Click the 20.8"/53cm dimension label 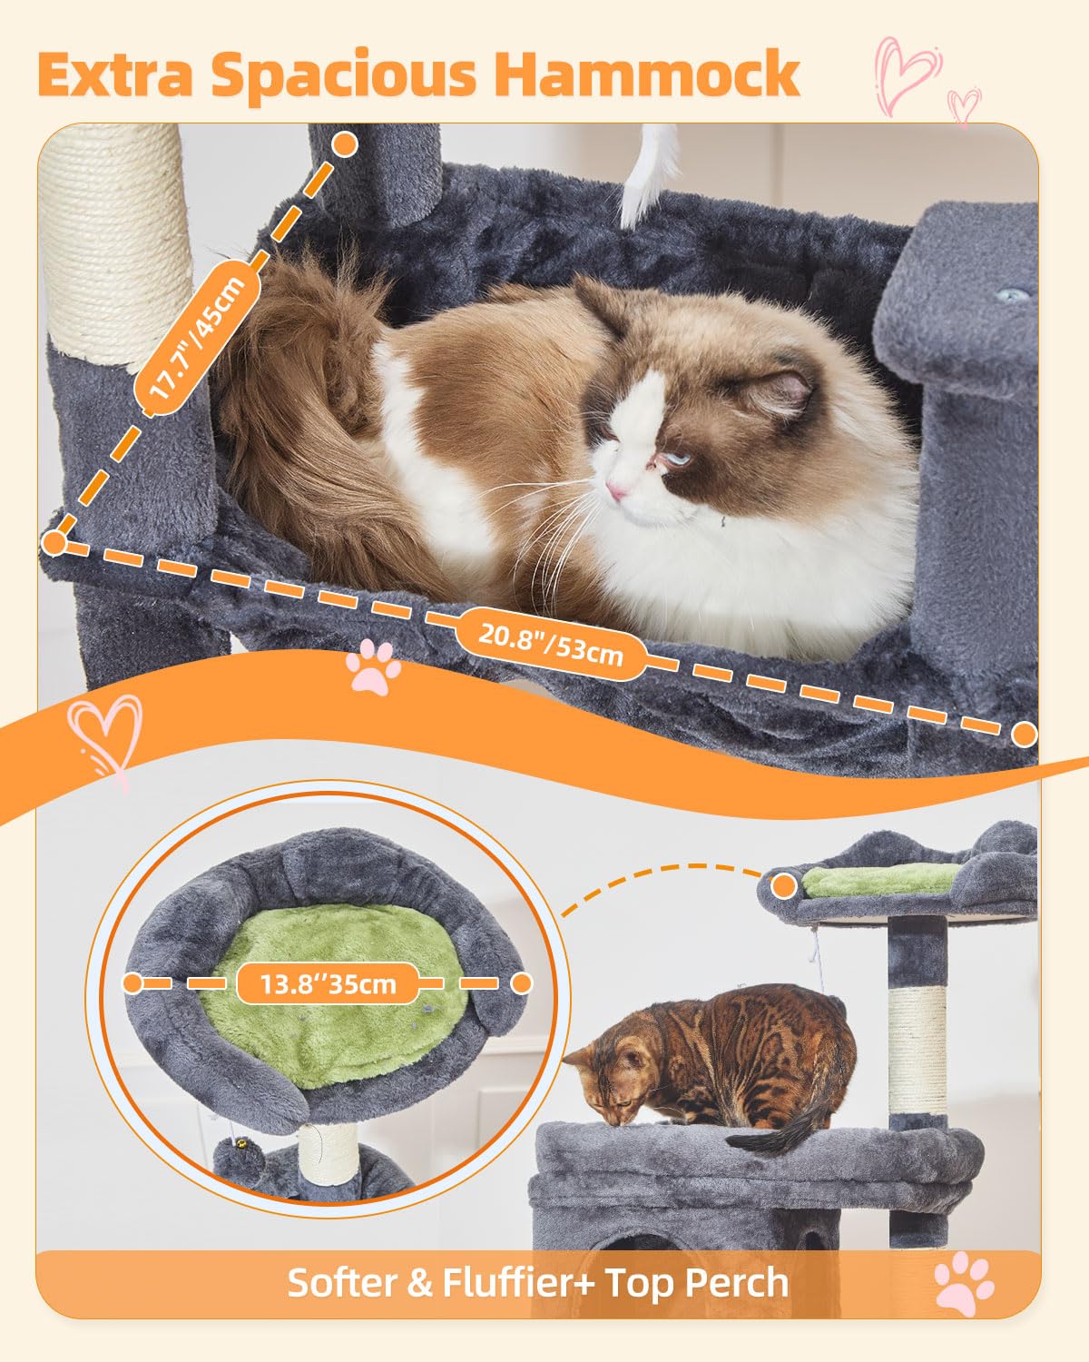tap(551, 642)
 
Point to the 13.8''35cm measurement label tap(328, 983)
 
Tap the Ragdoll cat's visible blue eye tap(675, 459)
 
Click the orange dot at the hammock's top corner tap(345, 143)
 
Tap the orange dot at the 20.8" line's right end tap(1025, 734)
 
